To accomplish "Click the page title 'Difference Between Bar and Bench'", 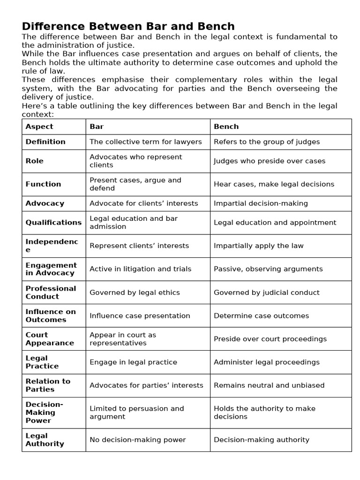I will coord(128,26).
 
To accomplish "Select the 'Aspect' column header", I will coord(39,127).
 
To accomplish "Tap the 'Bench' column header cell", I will coord(226,127).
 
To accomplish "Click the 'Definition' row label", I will coord(45,142).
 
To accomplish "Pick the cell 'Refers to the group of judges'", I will coord(267,142).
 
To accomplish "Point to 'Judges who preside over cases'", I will coord(270,161).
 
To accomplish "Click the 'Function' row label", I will coord(43,184).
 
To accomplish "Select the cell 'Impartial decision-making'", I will coord(261,203).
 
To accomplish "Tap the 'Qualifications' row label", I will coord(53,223).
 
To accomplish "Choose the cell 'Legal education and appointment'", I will coord(275,223).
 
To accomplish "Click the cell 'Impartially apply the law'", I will coord(259,246).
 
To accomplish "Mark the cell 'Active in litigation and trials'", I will coord(140,269).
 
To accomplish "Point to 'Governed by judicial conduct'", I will coord(266,292).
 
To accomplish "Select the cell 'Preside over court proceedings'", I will coord(270,339).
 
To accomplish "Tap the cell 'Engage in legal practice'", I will coord(133,362).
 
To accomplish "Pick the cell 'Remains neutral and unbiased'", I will coord(269,385).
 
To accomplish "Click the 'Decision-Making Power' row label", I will coord(44,412).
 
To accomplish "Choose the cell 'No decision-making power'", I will coord(137,440).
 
